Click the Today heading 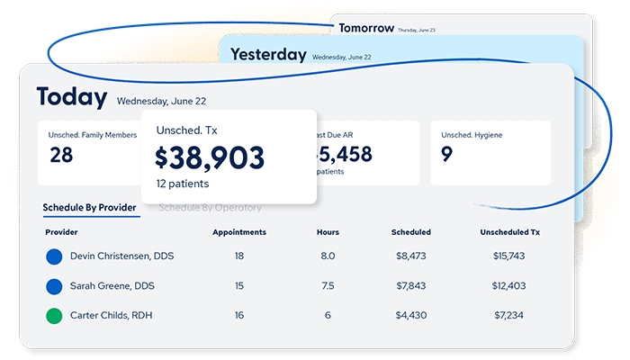72,97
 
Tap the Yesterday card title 268,54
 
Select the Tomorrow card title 365,28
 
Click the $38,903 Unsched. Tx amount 210,157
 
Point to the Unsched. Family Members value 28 61,155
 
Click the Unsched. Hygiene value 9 446,155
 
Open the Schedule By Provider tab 91,208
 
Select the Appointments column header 239,232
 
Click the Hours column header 328,232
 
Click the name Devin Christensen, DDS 121,256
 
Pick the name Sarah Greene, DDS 114,286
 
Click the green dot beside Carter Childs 54,316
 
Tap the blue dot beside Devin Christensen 54,256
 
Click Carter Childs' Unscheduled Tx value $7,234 509,316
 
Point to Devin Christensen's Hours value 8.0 328,256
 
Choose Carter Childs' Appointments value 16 239,316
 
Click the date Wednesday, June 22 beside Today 161,101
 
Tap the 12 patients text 183,184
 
